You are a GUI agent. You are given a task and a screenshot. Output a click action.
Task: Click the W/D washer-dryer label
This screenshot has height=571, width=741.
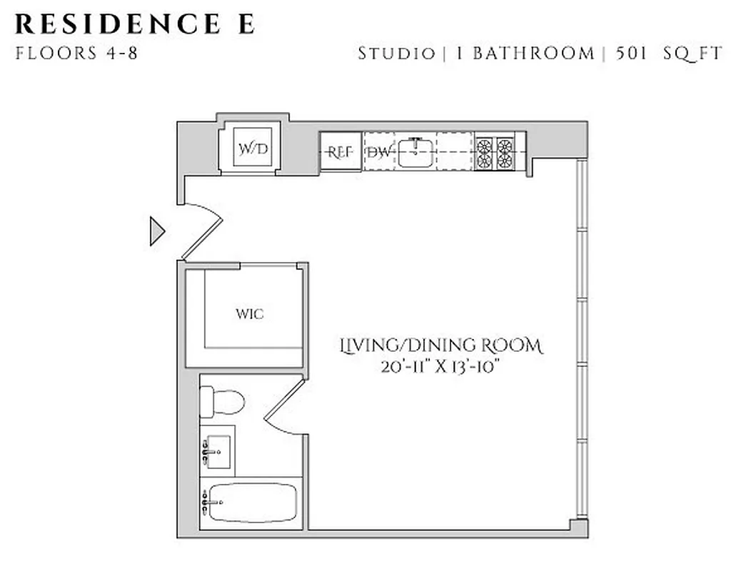254,149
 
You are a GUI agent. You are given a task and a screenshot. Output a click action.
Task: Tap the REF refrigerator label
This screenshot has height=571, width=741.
340,152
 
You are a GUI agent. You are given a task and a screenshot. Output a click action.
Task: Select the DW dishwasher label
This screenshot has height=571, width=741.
380,152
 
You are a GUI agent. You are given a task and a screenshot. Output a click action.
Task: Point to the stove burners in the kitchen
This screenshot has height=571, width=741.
496,152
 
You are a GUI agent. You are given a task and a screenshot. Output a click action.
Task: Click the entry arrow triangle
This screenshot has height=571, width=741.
156,232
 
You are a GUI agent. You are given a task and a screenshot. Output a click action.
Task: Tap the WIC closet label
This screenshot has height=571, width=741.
250,314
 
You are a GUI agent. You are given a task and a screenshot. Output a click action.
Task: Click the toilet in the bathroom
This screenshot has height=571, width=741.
221,401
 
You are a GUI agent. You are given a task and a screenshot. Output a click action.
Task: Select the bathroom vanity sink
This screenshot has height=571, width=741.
217,451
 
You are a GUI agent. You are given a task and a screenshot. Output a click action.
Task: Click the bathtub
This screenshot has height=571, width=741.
251,502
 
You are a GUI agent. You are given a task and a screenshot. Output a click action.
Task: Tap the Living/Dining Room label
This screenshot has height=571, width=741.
440,346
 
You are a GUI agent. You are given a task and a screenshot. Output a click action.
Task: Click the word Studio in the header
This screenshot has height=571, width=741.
396,54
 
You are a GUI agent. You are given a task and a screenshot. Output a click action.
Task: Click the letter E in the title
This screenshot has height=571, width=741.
245,24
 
